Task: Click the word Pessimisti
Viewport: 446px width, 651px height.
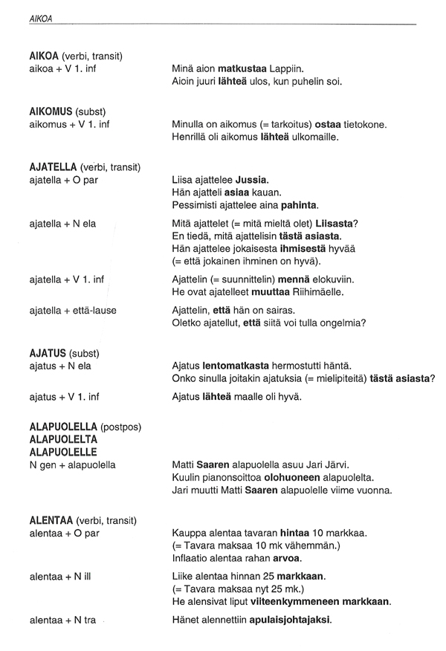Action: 195,204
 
